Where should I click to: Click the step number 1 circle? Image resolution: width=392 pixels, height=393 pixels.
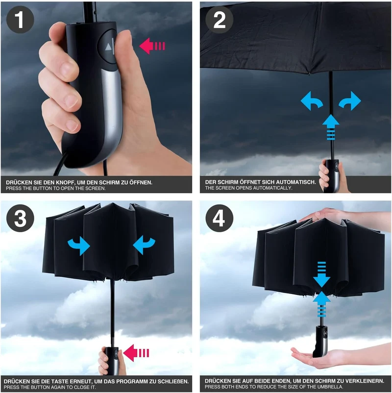click(20, 20)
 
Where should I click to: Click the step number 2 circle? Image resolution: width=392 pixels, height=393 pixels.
click(220, 20)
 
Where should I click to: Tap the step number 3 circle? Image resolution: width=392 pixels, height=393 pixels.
click(20, 218)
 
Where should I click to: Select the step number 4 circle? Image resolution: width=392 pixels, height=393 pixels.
click(220, 218)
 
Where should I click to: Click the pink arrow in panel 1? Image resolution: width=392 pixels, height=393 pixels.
click(152, 46)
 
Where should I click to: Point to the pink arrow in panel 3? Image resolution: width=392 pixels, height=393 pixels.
click(137, 353)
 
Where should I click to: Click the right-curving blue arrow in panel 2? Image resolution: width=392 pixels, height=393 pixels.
click(350, 101)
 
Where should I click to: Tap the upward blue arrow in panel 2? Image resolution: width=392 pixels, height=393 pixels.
click(331, 127)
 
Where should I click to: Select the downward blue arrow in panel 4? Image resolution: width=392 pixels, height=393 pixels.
click(321, 274)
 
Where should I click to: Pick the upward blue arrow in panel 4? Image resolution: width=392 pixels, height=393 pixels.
click(321, 304)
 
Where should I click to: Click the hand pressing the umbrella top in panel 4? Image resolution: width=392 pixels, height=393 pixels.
click(346, 216)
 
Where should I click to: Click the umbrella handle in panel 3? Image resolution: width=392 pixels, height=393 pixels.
click(112, 361)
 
